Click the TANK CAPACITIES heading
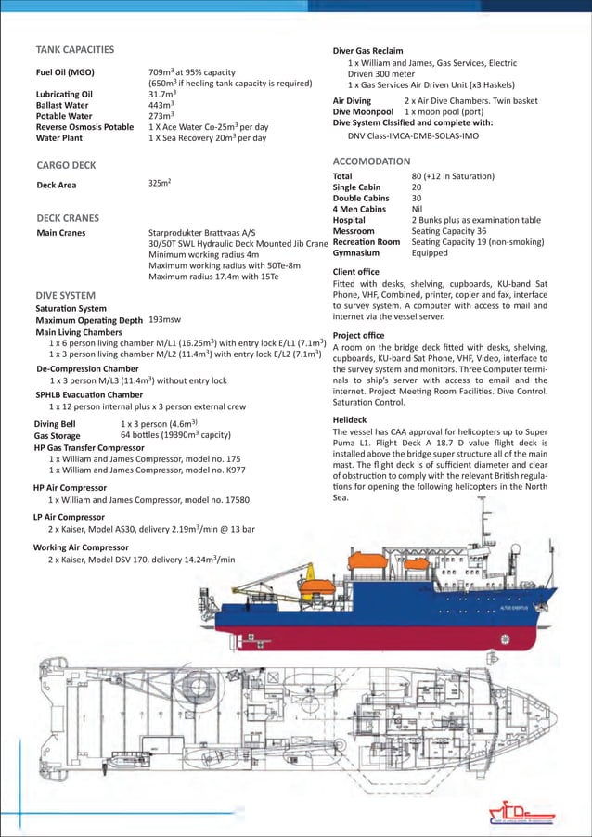(74, 49)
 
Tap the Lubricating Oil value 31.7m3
(163, 94)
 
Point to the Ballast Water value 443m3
(162, 105)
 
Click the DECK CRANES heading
(67, 218)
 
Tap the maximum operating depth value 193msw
(168, 319)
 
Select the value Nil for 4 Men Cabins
(418, 209)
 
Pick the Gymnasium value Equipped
(430, 252)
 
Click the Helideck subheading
(350, 419)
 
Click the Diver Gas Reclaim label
(374, 50)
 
